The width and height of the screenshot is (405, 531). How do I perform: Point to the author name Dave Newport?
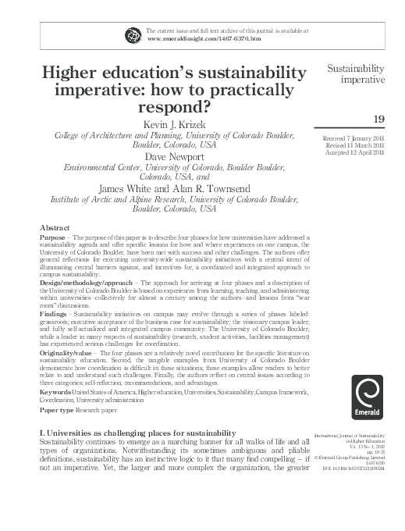click(x=174, y=156)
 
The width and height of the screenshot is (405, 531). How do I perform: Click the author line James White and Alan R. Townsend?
click(x=174, y=187)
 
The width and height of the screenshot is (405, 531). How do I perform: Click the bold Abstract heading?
click(x=55, y=227)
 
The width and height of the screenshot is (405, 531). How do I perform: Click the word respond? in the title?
click(x=174, y=105)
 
